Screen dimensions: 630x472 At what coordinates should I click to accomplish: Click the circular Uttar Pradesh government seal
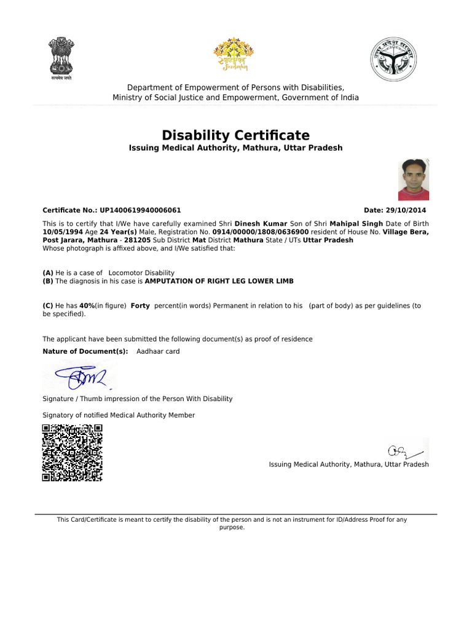tap(391, 58)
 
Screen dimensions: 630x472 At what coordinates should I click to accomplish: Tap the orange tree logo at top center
tap(233, 55)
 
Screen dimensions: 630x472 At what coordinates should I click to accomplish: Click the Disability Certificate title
tap(235, 135)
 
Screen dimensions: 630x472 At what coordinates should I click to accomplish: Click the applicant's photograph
tap(414, 180)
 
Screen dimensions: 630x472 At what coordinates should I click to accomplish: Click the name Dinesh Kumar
tap(262, 223)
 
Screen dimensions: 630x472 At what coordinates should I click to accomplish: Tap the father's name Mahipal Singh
tap(356, 223)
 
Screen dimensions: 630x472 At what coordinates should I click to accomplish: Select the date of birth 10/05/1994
tap(62, 232)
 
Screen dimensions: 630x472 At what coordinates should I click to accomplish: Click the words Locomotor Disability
tap(141, 273)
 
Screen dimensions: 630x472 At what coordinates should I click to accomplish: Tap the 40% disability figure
tap(86, 306)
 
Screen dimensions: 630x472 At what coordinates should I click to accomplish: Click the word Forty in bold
tap(140, 306)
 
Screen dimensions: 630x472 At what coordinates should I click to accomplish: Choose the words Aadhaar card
tap(158, 351)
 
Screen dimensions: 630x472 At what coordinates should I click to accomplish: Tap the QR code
tap(72, 453)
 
